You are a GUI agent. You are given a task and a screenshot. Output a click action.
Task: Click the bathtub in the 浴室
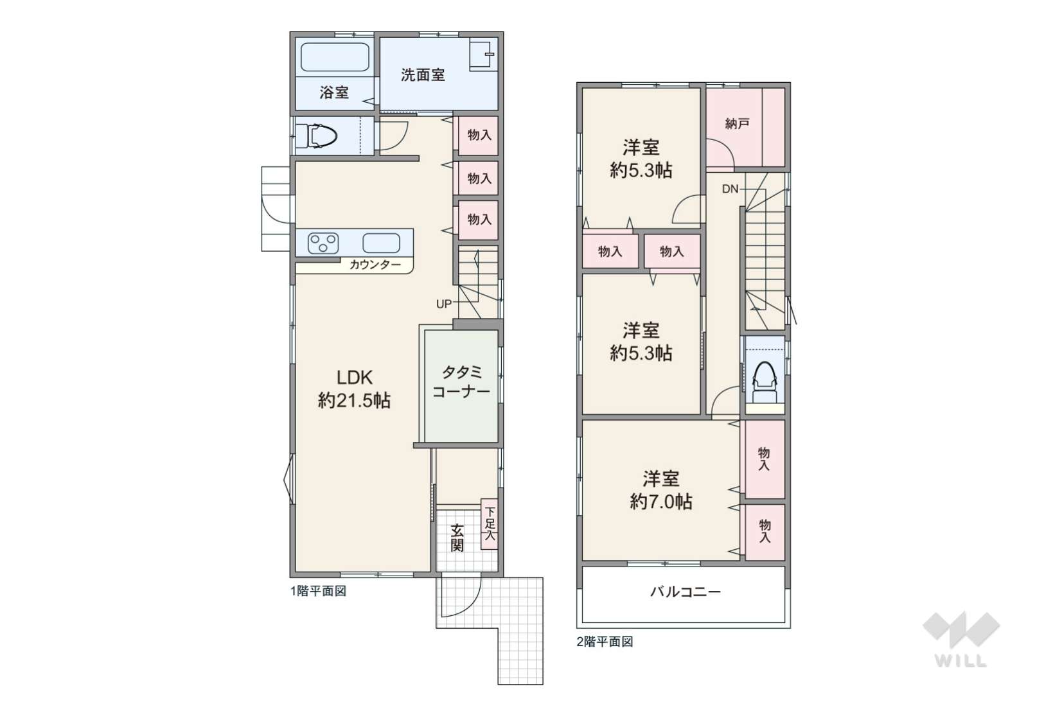tap(335, 57)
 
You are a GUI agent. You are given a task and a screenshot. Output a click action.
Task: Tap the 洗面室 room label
tap(423, 75)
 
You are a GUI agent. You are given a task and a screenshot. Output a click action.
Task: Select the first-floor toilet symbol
tap(322, 136)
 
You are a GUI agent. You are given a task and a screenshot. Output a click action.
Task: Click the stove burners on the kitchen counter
tap(323, 243)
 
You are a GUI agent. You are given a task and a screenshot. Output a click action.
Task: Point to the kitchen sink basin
tap(381, 243)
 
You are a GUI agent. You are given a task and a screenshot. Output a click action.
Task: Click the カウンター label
tap(375, 265)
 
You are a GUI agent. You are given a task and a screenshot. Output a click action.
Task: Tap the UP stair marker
tap(443, 304)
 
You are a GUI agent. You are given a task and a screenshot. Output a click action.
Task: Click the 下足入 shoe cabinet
tap(490, 524)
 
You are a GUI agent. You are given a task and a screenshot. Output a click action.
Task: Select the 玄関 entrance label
tap(457, 538)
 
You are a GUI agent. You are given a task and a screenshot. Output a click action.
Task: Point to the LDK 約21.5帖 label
tap(354, 389)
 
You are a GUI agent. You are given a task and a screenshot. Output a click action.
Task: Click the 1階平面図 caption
tap(318, 591)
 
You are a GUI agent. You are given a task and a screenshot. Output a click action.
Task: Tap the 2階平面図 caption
tap(605, 642)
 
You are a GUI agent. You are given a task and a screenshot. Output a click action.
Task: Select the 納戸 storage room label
tap(737, 123)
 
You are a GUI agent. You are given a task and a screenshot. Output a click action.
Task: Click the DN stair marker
tap(730, 189)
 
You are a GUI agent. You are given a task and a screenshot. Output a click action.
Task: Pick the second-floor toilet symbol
tap(765, 382)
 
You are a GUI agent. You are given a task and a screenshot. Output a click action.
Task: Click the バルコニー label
tap(686, 592)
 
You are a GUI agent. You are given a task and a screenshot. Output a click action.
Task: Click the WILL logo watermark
tap(961, 640)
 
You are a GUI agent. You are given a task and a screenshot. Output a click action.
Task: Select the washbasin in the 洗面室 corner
tap(482, 55)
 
